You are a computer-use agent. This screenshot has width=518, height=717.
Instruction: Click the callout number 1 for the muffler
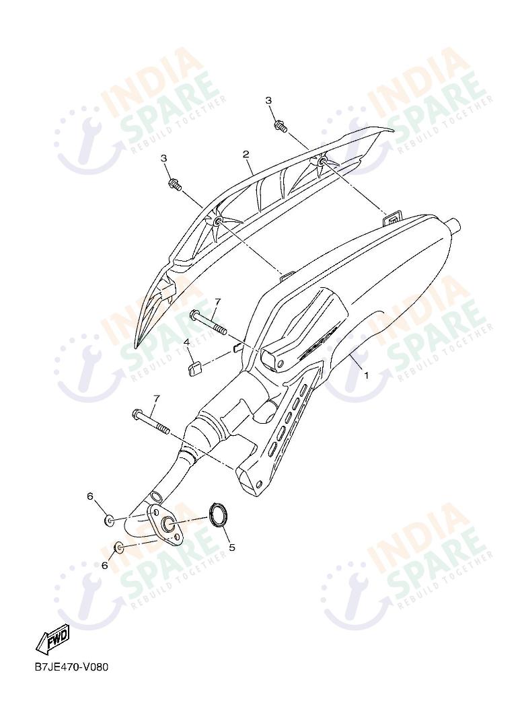[366, 375]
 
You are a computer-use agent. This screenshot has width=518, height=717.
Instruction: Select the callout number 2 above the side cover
[246, 154]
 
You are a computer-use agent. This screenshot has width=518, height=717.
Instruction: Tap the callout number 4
[186, 342]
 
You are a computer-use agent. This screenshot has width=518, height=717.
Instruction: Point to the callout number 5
[232, 547]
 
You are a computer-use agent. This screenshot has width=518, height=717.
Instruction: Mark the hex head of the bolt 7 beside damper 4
[193, 315]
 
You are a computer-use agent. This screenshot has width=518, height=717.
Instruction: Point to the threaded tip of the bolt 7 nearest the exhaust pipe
[163, 430]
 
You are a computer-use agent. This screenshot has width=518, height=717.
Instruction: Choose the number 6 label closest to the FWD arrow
[105, 566]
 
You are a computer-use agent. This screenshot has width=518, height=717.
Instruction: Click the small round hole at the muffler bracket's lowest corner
[259, 484]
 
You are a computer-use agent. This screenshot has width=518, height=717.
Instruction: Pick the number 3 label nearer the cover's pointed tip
[163, 158]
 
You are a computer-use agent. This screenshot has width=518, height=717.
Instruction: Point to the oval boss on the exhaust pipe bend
[156, 496]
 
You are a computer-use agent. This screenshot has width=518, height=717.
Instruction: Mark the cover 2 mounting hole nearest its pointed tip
[217, 222]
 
